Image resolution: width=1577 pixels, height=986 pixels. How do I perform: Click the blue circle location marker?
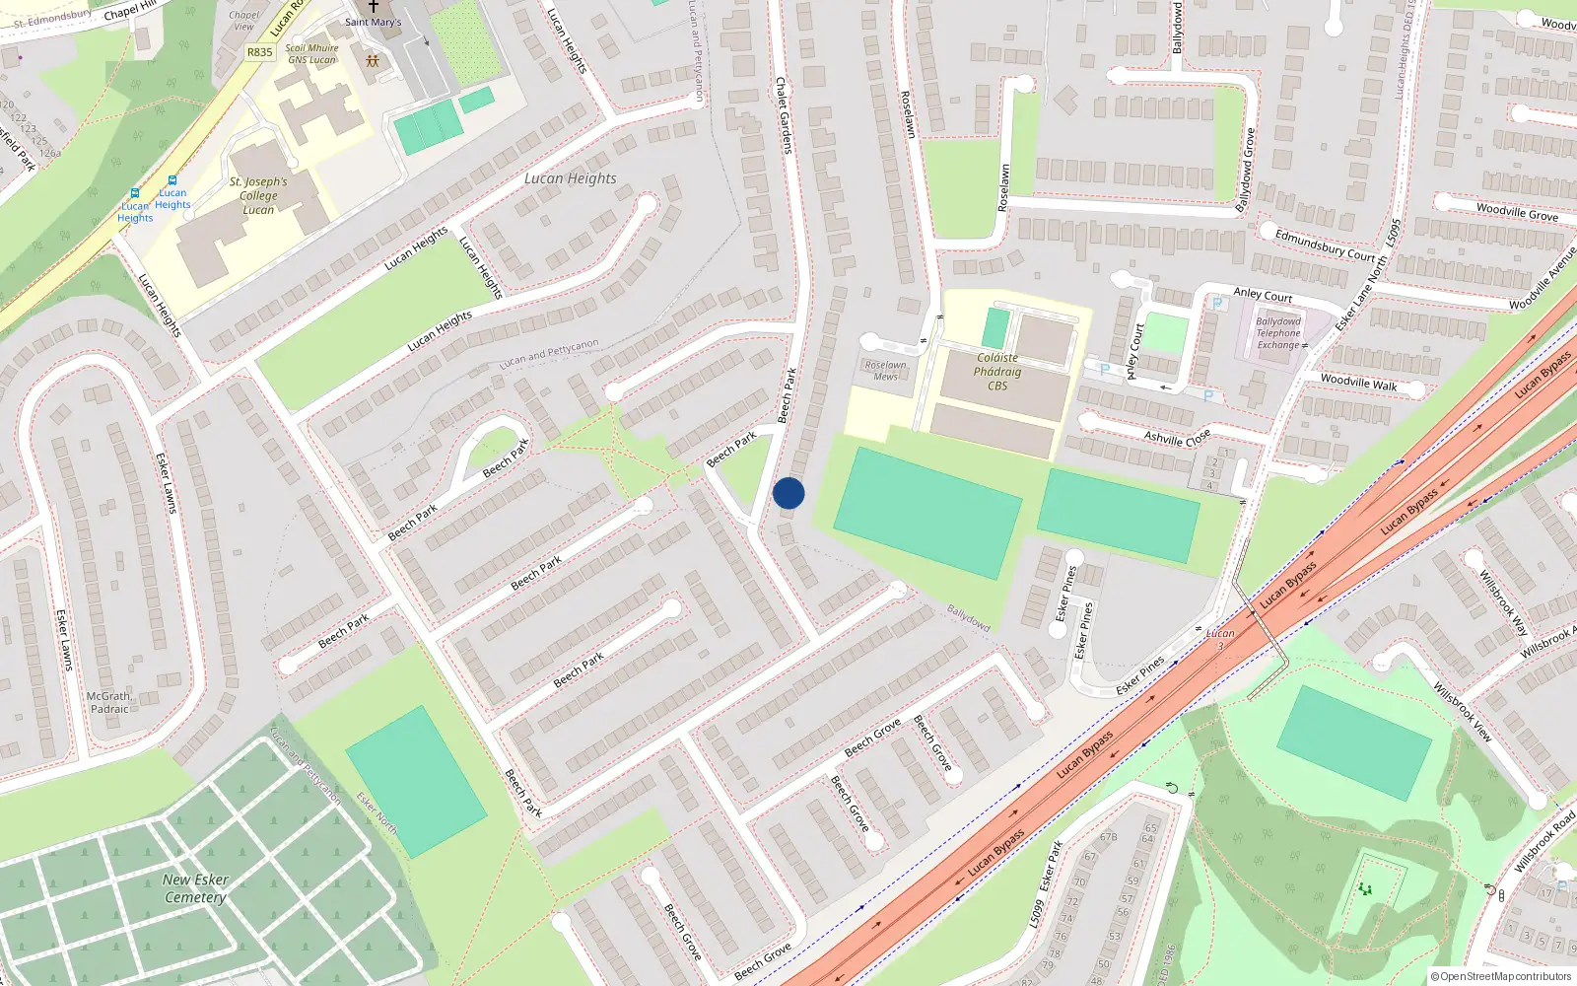pyautogui.click(x=788, y=493)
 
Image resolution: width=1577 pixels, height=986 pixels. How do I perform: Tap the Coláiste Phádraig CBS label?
pyautogui.click(x=997, y=372)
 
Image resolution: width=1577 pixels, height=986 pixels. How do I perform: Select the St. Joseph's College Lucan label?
pyautogui.click(x=258, y=195)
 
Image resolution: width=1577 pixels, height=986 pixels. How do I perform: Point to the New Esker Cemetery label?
pyautogui.click(x=195, y=888)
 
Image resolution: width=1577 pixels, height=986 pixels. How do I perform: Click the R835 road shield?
pyautogui.click(x=259, y=52)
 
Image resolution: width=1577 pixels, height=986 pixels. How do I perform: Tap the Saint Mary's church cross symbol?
pyautogui.click(x=374, y=6)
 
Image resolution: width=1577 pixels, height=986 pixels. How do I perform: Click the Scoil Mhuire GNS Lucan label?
pyautogui.click(x=311, y=53)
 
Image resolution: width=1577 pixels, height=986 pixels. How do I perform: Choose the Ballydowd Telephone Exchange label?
pyautogui.click(x=1278, y=333)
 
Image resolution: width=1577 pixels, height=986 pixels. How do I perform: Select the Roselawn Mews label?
pyautogui.click(x=885, y=370)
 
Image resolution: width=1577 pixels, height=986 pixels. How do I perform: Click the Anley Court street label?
pyautogui.click(x=1263, y=295)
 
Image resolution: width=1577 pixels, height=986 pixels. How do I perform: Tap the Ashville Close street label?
pyautogui.click(x=1177, y=438)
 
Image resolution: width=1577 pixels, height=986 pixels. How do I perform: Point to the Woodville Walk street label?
pyautogui.click(x=1358, y=383)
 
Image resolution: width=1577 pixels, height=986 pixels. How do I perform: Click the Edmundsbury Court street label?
pyautogui.click(x=1325, y=246)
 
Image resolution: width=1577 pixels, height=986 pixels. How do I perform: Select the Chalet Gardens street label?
pyautogui.click(x=784, y=115)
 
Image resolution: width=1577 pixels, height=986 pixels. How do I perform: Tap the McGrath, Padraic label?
pyautogui.click(x=108, y=702)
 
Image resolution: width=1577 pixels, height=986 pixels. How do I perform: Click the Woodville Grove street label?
pyautogui.click(x=1517, y=211)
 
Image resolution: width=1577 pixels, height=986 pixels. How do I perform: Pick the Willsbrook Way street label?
pyautogui.click(x=1503, y=601)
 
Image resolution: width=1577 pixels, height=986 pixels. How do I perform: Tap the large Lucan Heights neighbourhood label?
pyautogui.click(x=570, y=178)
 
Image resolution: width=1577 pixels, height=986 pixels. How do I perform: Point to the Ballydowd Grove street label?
pyautogui.click(x=1246, y=170)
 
